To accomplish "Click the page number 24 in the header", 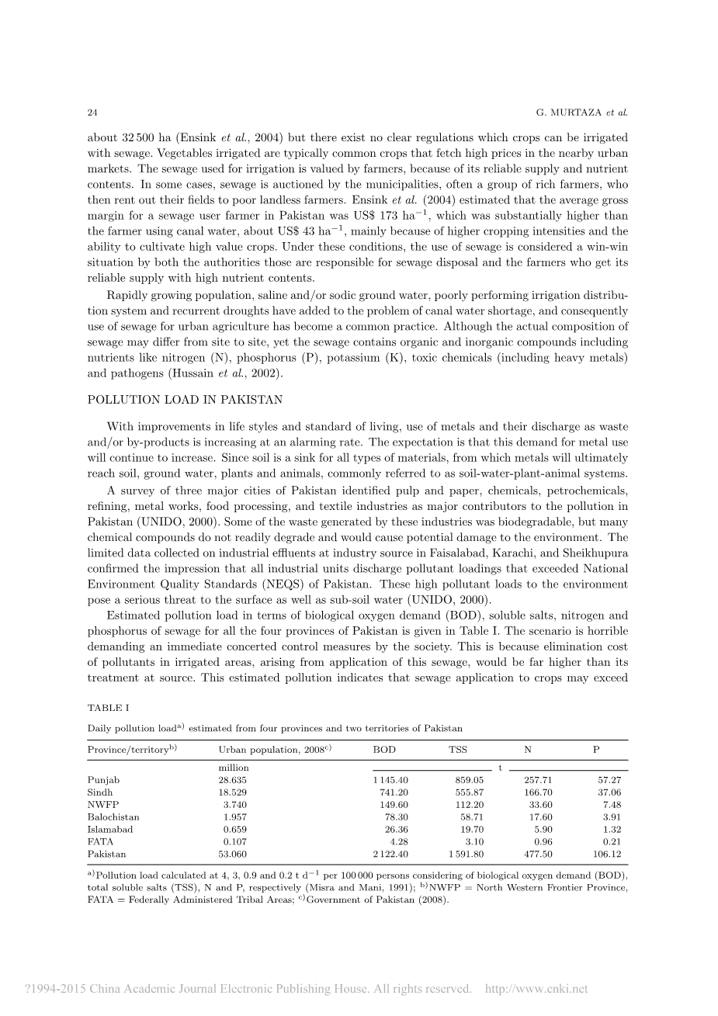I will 92,113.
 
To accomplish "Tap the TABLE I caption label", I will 107,708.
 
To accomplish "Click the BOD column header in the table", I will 384,749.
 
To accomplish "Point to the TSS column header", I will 458,749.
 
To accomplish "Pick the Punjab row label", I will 104,779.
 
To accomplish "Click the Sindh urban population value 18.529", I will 233,792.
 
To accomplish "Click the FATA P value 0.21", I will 613,841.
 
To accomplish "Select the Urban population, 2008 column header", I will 276,749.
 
